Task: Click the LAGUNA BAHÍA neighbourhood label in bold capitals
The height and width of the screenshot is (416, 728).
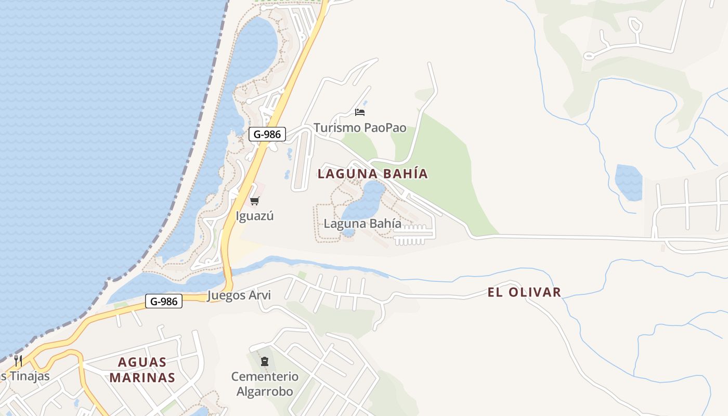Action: pos(372,174)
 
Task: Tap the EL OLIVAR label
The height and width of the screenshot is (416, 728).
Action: pos(524,292)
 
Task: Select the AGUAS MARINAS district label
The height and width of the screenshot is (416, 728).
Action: pos(142,370)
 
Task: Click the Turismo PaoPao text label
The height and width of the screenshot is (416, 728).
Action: pos(360,128)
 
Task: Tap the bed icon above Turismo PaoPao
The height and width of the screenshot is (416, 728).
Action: pos(360,112)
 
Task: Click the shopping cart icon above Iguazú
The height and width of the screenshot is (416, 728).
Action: pos(254,201)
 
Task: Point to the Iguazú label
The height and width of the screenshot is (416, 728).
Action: pos(254,216)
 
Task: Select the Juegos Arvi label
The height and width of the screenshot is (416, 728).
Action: pos(239,295)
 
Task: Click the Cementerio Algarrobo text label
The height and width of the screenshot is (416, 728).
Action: pos(265,384)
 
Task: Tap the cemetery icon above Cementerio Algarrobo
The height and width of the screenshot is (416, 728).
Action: pos(265,361)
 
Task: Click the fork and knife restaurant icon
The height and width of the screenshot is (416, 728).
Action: pos(18,360)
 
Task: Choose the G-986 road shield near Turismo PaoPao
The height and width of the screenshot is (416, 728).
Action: pos(267,134)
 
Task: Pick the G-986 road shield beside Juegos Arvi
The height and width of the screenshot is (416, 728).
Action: pos(164,301)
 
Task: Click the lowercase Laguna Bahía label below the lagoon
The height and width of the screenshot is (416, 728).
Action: pos(362,224)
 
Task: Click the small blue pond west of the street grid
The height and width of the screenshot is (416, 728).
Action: pos(628,182)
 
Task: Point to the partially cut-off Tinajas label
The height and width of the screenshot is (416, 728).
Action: pos(25,376)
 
